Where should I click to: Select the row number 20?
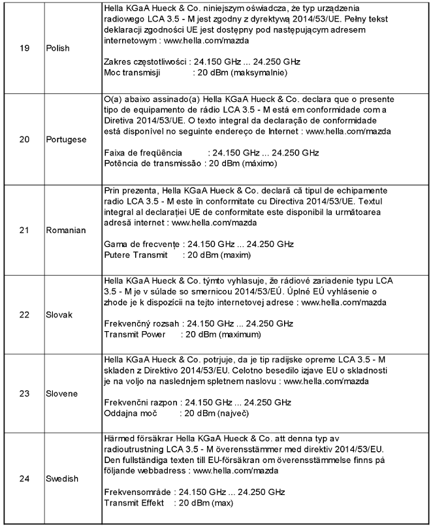click(x=24, y=140)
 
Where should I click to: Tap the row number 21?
click(x=24, y=230)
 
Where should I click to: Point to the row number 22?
click(x=24, y=315)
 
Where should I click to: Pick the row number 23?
click(x=24, y=394)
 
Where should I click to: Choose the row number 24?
click(x=24, y=479)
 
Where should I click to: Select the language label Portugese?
click(x=66, y=140)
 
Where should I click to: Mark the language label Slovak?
click(x=59, y=315)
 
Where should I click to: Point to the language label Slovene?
click(x=61, y=394)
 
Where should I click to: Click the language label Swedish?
click(x=62, y=479)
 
